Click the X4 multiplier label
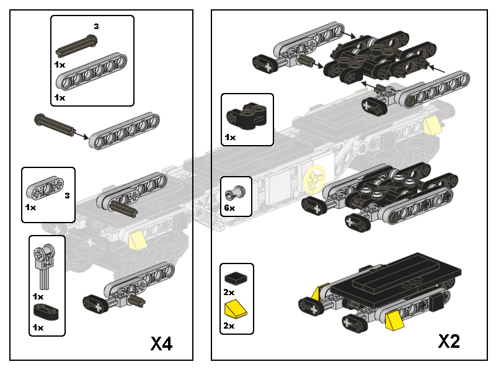(x=161, y=343)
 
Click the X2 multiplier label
(x=449, y=341)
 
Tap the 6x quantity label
(x=229, y=208)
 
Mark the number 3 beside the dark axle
(x=96, y=26)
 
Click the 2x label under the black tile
(x=229, y=292)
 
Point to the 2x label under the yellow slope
(x=229, y=325)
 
